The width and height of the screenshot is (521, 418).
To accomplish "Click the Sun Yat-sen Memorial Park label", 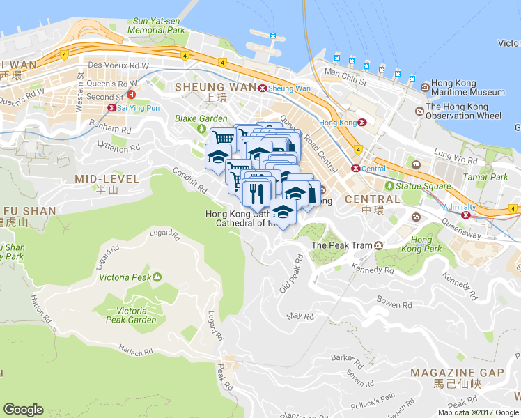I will pos(157,26).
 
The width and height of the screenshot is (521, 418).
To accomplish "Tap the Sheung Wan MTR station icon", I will pos(262,88).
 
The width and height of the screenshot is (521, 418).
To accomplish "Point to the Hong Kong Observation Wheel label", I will pos(463,111).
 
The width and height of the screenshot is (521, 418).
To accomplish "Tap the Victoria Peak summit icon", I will pos(157,277).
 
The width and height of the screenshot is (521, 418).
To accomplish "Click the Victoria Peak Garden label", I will pos(127,315).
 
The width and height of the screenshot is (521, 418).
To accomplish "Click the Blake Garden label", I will pos(201,118).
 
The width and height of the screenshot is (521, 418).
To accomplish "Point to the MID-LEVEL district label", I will pos(107,179).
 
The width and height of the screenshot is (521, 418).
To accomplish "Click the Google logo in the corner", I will pos(23,410).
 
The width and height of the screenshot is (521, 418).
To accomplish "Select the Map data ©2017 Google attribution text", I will pos(477,412).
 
